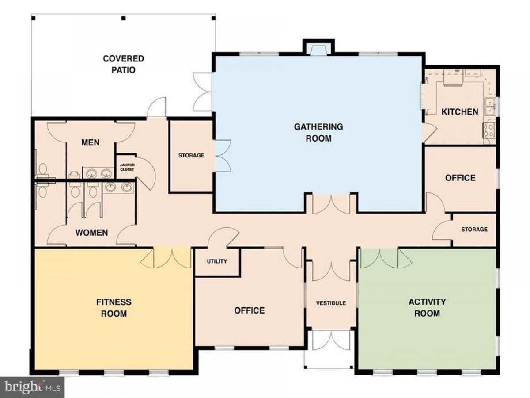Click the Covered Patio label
point(123,64)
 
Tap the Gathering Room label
point(318,132)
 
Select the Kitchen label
point(460,112)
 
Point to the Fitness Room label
point(114,308)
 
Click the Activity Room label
point(427,307)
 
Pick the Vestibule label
point(331,303)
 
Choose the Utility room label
point(217,261)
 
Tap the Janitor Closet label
point(127,167)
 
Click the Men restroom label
point(90,142)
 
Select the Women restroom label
point(91,233)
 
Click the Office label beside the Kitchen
point(460,178)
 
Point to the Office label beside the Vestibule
point(250,310)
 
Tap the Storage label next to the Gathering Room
point(191,155)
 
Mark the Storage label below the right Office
point(474,230)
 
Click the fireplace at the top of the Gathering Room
point(318,50)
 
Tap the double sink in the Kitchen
point(490,106)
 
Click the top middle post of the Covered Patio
point(124,18)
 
